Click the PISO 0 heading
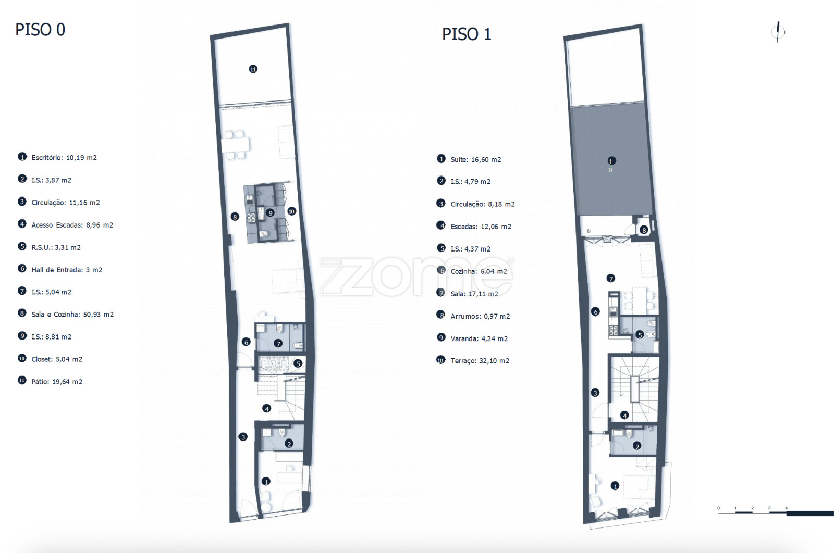pyautogui.click(x=40, y=30)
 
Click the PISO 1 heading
pyautogui.click(x=467, y=34)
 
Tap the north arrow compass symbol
pyautogui.click(x=778, y=32)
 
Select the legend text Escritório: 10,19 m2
pyautogui.click(x=64, y=158)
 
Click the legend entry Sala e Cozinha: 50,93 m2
pyautogui.click(x=72, y=314)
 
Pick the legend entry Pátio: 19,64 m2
pyautogui.click(x=57, y=382)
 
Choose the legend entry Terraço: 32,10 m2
pyautogui.click(x=480, y=361)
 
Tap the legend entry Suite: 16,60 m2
pyautogui.click(x=476, y=159)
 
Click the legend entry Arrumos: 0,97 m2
pyautogui.click(x=480, y=316)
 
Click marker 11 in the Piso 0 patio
pyautogui.click(x=253, y=69)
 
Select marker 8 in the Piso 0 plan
pyautogui.click(x=235, y=217)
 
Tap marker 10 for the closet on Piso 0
pyautogui.click(x=291, y=211)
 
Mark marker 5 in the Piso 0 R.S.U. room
pyautogui.click(x=298, y=363)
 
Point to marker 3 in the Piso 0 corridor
pyautogui.click(x=243, y=437)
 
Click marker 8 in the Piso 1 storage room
pyautogui.click(x=644, y=230)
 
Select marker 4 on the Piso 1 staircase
pyautogui.click(x=625, y=416)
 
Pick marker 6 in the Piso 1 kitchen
pyautogui.click(x=596, y=311)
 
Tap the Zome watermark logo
pyautogui.click(x=416, y=276)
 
